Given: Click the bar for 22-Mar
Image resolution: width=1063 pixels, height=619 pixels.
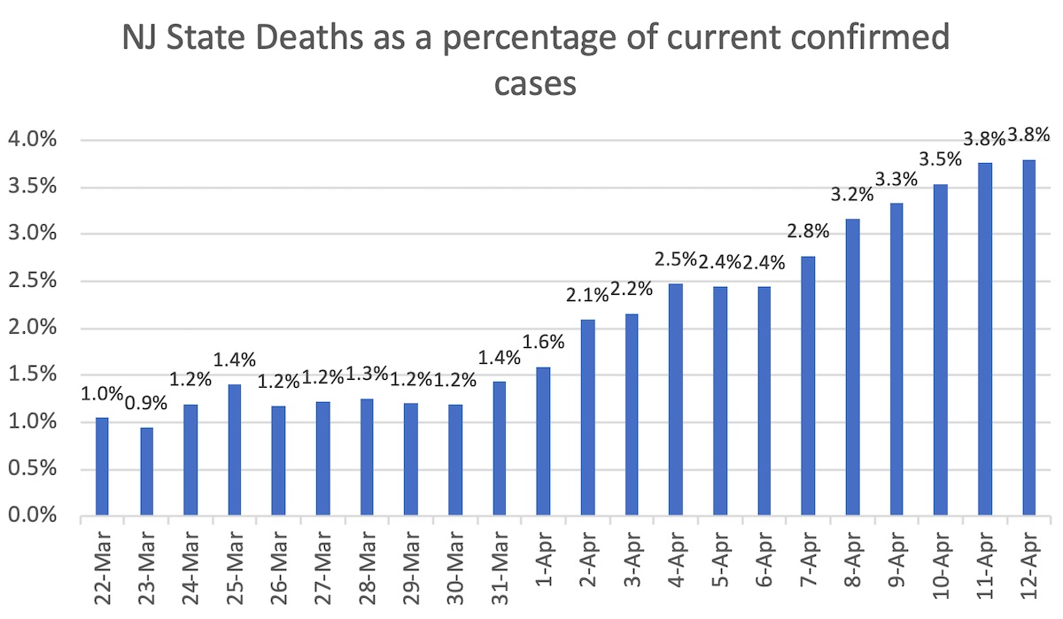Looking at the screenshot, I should pos(102,466).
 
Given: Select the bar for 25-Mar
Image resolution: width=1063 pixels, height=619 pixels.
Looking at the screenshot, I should pos(234,450).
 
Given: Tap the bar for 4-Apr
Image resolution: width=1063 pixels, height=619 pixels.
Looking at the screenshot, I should pos(675,399).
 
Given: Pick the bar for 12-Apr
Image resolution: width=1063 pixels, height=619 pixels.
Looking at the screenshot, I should pos(1028,337).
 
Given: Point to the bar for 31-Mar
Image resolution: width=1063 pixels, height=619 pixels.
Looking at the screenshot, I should pos(499,448).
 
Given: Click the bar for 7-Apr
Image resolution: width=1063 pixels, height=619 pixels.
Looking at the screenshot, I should pos(808,386).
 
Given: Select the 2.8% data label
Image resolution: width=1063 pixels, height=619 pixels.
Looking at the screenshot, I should pos(808,233).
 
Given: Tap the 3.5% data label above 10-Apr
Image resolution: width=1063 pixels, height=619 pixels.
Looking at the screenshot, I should pos(941,159).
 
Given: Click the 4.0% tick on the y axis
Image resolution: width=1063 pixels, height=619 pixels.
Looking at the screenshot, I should pos(32,140).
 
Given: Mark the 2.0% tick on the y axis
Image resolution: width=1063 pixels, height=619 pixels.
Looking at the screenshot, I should pos(32,329).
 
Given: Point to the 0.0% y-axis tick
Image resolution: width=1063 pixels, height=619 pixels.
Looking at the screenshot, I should pos(32,515).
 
